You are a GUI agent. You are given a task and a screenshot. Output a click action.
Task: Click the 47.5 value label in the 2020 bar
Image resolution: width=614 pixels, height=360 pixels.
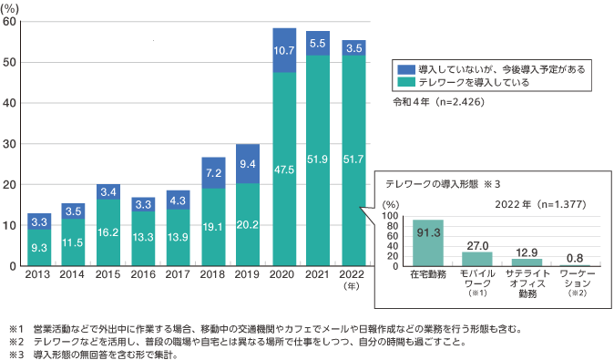pyautogui.click(x=283, y=170)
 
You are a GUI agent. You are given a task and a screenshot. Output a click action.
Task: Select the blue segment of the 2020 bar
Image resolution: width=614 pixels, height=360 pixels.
pyautogui.click(x=283, y=50)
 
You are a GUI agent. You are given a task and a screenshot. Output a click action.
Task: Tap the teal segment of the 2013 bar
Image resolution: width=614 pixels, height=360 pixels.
pyautogui.click(x=39, y=247)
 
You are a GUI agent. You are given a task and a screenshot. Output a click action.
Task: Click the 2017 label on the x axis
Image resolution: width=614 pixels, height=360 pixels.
pyautogui.click(x=179, y=275)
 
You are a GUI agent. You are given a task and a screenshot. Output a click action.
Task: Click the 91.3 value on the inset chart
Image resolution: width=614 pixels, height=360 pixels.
pyautogui.click(x=428, y=232)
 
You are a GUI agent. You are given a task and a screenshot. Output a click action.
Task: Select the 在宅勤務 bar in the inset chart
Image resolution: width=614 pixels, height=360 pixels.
pyautogui.click(x=428, y=242)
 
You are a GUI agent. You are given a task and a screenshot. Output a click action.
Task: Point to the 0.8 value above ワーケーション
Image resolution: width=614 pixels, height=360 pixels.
pyautogui.click(x=573, y=258)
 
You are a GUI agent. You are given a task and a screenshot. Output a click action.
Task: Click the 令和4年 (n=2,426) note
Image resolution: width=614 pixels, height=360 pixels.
pyautogui.click(x=437, y=102)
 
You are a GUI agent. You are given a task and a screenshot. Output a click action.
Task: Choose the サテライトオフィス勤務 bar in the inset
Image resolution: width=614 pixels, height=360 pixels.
pyautogui.click(x=526, y=262)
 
